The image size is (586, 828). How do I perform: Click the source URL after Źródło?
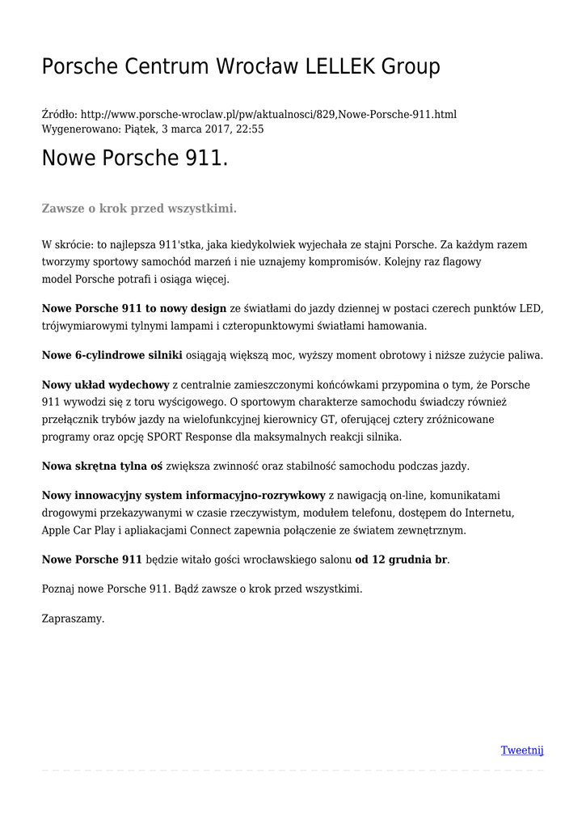coord(269,115)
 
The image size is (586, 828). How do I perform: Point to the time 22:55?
coord(248,129)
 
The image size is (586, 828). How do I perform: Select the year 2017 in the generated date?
coord(214,129)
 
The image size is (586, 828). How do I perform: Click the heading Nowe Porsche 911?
coord(135,158)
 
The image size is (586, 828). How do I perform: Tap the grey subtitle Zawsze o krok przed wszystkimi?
coord(139,209)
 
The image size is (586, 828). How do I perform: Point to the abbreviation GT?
coord(330,420)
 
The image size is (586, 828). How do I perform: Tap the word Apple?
coord(57,530)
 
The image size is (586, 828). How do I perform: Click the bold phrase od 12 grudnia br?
coord(401,560)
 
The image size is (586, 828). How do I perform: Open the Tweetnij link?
coord(522,750)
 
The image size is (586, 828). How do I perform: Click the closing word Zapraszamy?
coord(73,619)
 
